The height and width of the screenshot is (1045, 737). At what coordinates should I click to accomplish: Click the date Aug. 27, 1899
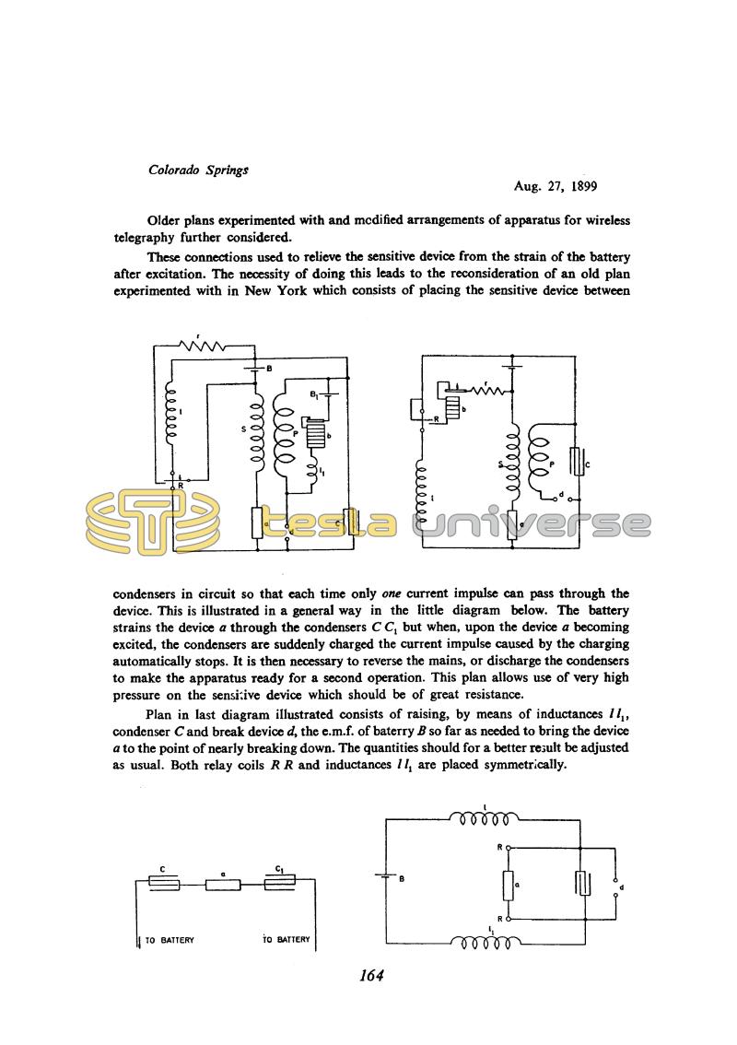[x=556, y=186]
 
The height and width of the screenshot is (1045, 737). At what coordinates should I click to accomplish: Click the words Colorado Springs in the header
[x=198, y=170]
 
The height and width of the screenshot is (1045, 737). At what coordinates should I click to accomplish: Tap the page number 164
[x=371, y=976]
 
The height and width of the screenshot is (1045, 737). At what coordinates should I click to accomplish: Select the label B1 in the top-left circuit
[x=313, y=394]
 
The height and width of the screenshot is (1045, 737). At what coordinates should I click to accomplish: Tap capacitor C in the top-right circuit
[x=577, y=461]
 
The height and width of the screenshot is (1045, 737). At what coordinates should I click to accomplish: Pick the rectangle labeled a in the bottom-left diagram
[x=223, y=885]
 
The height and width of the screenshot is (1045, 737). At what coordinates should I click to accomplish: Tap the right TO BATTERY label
[x=286, y=940]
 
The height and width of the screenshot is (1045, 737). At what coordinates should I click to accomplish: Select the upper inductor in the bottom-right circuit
[x=484, y=817]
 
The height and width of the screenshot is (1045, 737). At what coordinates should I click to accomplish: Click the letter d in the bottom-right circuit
[x=621, y=887]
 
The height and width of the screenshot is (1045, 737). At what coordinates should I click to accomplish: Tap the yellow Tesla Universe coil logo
[x=153, y=523]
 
